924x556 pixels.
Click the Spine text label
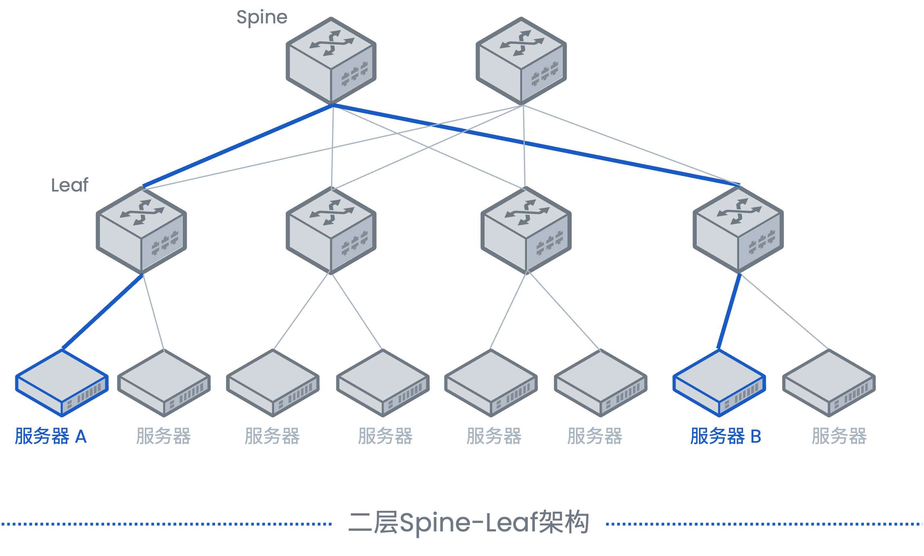click(262, 18)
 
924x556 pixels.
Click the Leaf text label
click(69, 185)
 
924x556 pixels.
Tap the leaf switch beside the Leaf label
click(141, 230)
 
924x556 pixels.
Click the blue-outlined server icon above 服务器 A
click(62, 383)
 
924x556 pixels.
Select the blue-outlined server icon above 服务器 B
click(719, 383)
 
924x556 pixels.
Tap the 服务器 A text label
click(51, 436)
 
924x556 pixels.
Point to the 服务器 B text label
click(726, 436)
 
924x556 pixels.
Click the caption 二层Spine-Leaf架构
click(469, 523)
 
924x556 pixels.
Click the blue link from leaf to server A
click(102, 312)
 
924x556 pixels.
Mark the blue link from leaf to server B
click(729, 311)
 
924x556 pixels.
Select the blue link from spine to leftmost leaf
click(238, 146)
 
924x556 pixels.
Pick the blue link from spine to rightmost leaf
click(536, 145)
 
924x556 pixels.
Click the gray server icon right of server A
click(164, 383)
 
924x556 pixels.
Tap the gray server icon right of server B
click(829, 383)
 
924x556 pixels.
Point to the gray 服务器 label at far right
click(839, 436)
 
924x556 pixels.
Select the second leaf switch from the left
click(331, 230)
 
